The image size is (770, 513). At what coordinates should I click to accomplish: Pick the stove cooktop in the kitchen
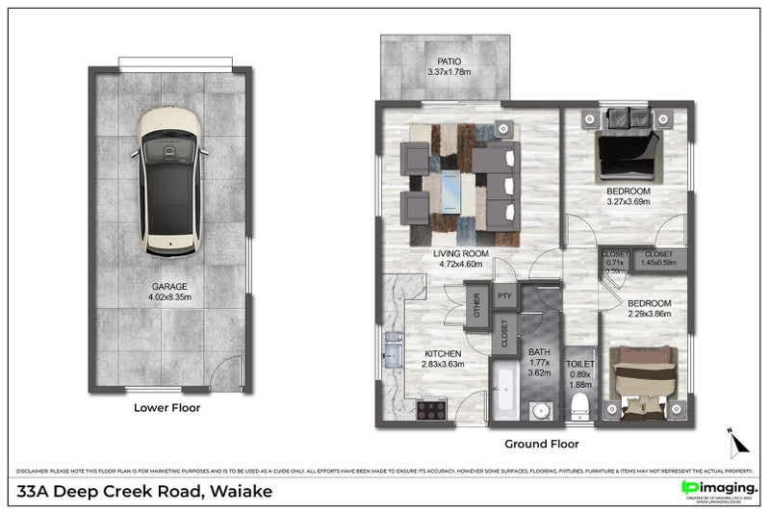point(432,409)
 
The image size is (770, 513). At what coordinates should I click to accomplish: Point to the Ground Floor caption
point(542,445)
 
